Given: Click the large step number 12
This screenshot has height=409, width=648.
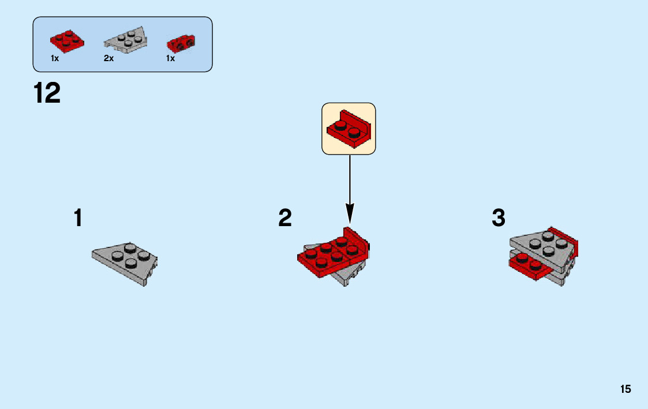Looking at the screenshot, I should (x=47, y=93).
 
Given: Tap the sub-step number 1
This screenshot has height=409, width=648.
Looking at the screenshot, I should (x=78, y=218).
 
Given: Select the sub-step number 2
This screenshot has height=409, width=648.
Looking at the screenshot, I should (x=285, y=218).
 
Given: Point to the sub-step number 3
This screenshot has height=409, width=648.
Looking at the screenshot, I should (x=499, y=218).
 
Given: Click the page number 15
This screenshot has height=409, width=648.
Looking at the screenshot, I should (x=625, y=389).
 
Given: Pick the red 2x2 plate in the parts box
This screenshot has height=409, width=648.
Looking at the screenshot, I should (x=66, y=39).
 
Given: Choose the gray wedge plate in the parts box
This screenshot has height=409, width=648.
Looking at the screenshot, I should (x=125, y=40).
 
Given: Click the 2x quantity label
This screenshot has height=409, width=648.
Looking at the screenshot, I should (x=109, y=59).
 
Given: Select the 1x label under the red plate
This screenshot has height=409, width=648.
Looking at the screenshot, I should (x=55, y=59).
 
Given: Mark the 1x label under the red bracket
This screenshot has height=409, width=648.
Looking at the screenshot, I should (x=171, y=59).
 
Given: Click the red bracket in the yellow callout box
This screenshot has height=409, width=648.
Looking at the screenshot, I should (x=349, y=127).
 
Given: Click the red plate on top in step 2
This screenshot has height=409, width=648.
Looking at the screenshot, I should (x=329, y=255).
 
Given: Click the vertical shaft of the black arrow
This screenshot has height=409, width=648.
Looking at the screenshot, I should (x=349, y=179).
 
